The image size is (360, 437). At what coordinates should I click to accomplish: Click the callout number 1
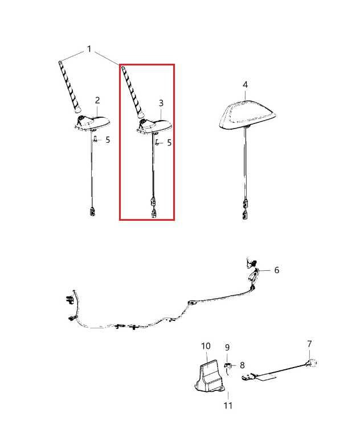(x=89, y=50)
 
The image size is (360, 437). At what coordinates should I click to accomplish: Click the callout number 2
(x=97, y=100)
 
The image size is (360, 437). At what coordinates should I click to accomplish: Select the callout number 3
(x=161, y=103)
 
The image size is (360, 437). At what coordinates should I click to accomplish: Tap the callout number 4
(x=245, y=85)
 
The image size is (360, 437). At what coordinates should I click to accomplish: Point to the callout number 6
(x=277, y=270)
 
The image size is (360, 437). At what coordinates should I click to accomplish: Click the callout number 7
(x=309, y=344)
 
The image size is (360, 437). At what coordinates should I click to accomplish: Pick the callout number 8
(x=242, y=365)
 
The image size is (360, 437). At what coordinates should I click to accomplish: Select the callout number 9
(x=227, y=347)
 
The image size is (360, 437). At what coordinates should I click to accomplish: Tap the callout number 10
(x=206, y=346)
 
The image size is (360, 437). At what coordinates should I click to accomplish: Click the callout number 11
(x=228, y=406)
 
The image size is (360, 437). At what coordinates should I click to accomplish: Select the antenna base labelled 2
(x=93, y=122)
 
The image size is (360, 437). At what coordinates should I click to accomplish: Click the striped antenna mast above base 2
(x=69, y=85)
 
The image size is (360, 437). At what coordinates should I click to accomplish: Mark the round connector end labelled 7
(x=313, y=362)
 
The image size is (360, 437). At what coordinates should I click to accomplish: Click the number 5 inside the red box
(x=169, y=143)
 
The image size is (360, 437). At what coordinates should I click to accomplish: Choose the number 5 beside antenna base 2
(x=108, y=139)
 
